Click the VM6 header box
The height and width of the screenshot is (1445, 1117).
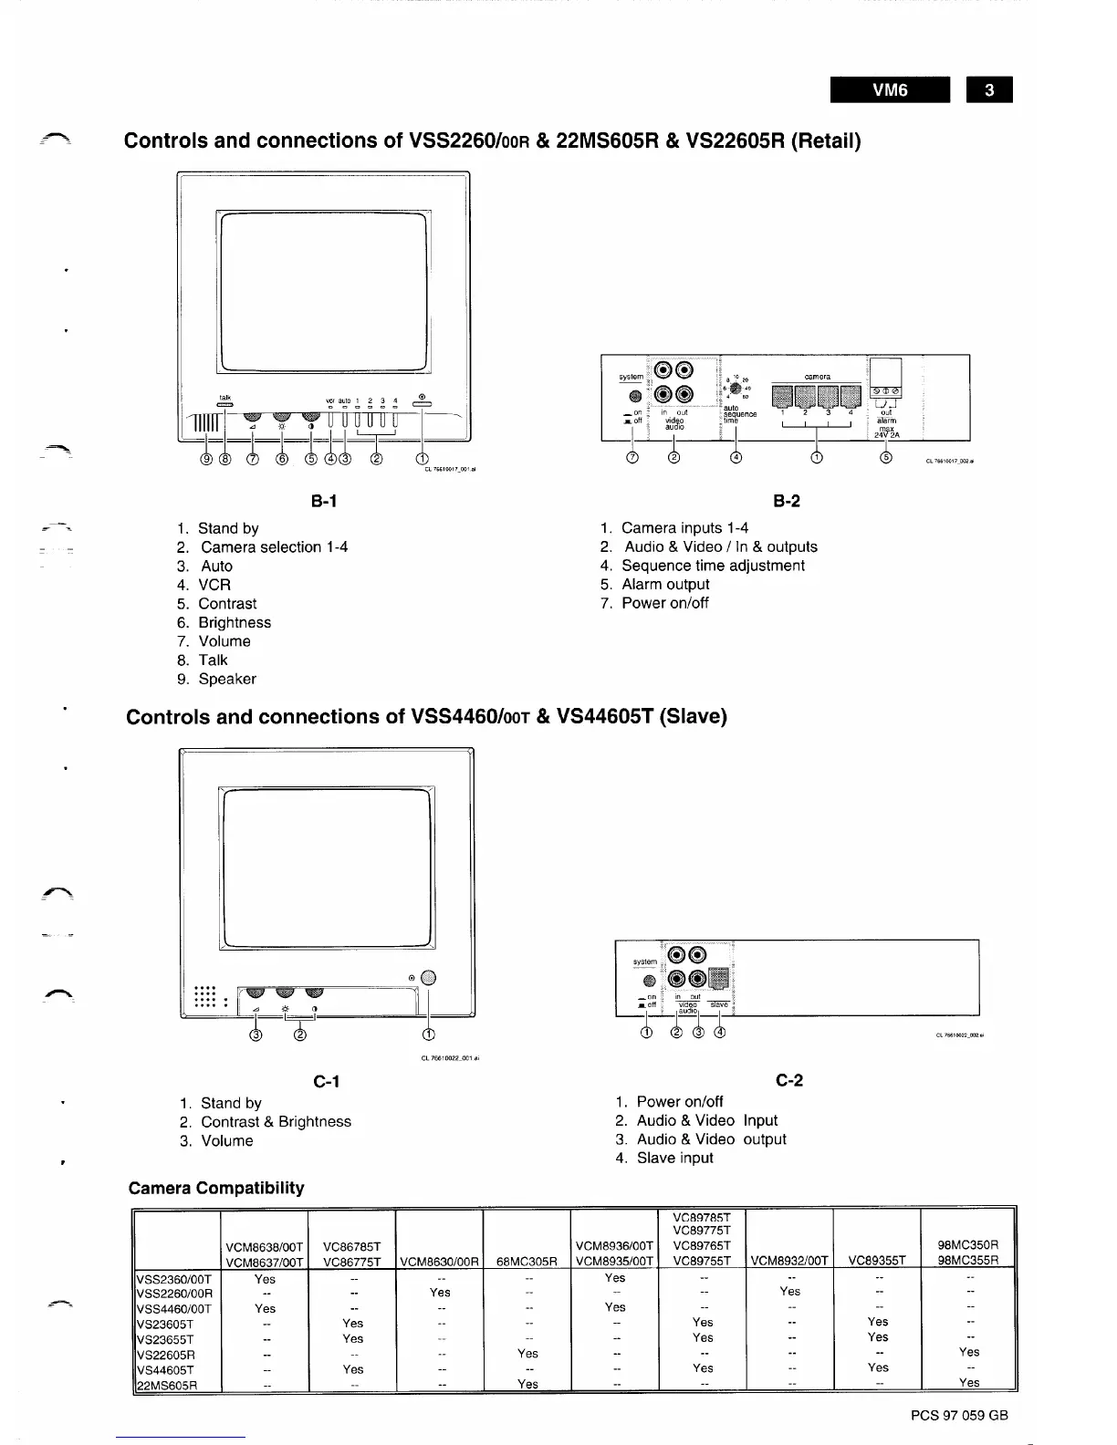[890, 90]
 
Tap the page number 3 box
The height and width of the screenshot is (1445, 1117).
[989, 90]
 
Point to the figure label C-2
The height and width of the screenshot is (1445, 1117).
[789, 1080]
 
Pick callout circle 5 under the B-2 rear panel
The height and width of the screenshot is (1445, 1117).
[885, 457]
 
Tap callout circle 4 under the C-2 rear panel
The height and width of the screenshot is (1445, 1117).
[720, 1033]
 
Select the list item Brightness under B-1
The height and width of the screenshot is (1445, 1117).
[235, 622]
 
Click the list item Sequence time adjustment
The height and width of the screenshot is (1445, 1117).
[713, 566]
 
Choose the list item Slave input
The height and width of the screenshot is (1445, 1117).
[674, 1158]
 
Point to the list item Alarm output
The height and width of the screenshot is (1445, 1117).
[665, 584]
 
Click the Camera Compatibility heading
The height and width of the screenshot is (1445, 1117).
[216, 1188]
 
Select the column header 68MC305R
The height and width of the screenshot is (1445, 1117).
[527, 1262]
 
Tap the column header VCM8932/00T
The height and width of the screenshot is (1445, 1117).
[789, 1262]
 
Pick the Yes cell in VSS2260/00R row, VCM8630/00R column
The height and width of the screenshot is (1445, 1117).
[440, 1292]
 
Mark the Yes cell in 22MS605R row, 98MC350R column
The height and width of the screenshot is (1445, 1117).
[969, 1382]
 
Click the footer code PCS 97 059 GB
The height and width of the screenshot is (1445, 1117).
[959, 1416]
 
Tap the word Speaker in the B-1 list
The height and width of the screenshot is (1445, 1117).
[227, 679]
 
